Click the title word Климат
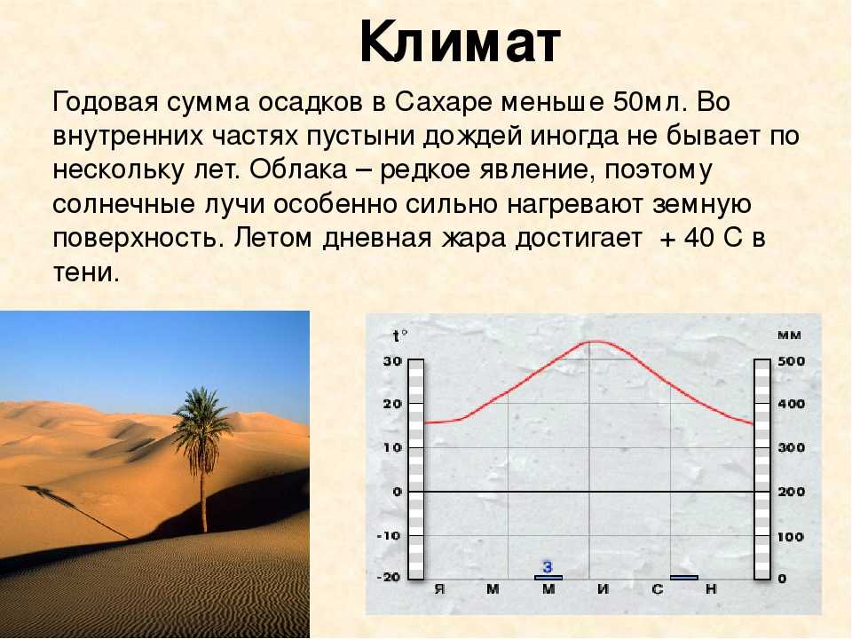(460, 43)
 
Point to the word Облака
(298, 170)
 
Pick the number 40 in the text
(701, 239)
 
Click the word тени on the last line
(85, 272)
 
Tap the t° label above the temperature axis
(400, 337)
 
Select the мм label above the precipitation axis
(789, 335)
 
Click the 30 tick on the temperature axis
(392, 361)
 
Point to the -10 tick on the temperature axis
(389, 536)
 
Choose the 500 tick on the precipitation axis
(791, 361)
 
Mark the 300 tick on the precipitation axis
(791, 447)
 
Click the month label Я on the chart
(439, 589)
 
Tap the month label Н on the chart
(711, 589)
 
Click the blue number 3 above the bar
(548, 567)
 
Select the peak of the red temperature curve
(596, 341)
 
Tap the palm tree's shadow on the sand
(76, 512)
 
